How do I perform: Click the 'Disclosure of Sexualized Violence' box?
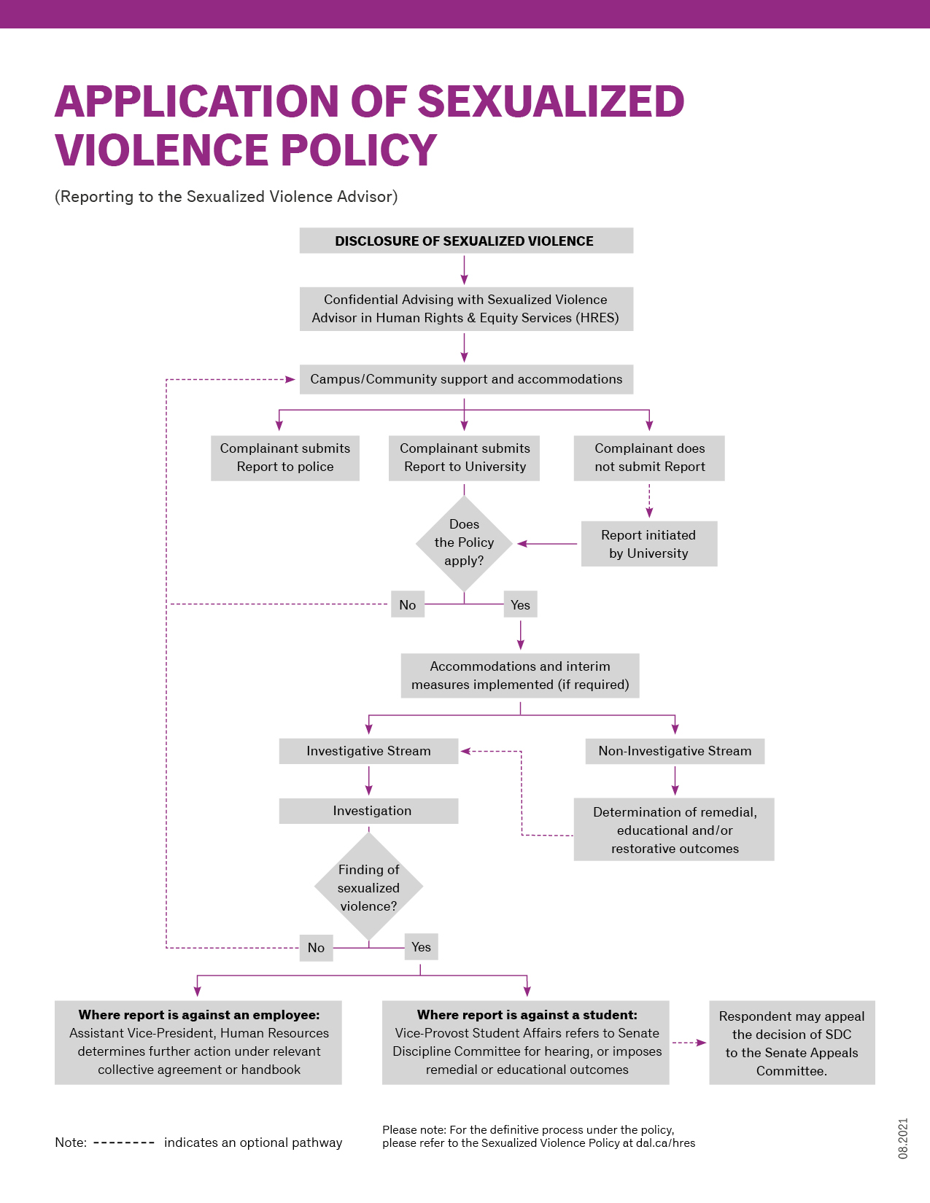tap(466, 241)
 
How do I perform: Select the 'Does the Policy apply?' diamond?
tap(464, 543)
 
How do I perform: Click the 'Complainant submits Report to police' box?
tap(285, 458)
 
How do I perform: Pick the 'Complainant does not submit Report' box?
tap(649, 458)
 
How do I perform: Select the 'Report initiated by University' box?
tap(648, 544)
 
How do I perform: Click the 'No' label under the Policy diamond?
tap(408, 604)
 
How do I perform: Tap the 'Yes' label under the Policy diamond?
tap(520, 604)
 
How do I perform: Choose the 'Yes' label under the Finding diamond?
tap(421, 947)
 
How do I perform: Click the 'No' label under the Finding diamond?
tap(316, 948)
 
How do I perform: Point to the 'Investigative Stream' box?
tap(368, 751)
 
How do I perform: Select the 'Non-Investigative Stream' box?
tap(675, 751)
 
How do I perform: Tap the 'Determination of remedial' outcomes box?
tap(674, 830)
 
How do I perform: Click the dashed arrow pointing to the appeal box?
tap(689, 1043)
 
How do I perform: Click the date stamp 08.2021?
tap(903, 1138)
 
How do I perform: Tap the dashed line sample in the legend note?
tap(124, 1142)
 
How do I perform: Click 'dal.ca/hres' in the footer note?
tap(665, 1143)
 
